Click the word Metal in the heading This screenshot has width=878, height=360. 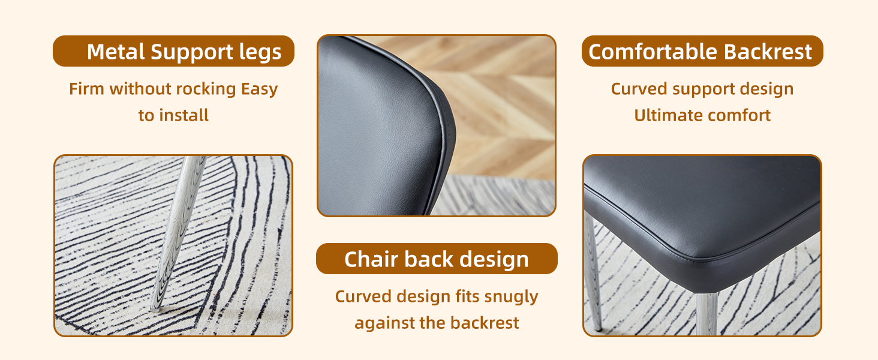[x=116, y=52]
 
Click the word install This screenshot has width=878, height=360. [x=184, y=115]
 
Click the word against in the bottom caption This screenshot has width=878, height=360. [x=384, y=324]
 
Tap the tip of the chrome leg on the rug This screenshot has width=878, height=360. [x=155, y=309]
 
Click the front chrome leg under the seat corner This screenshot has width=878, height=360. [x=707, y=314]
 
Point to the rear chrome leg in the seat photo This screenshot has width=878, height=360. [x=593, y=271]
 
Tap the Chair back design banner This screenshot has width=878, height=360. [x=437, y=259]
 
